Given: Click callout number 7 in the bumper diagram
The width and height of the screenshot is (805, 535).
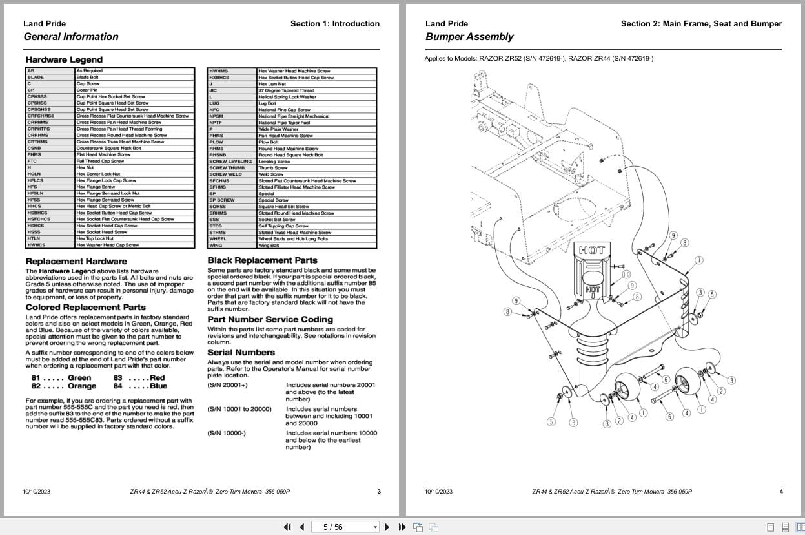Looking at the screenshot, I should coord(699,260).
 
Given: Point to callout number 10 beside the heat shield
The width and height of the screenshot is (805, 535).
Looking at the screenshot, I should coord(626,275).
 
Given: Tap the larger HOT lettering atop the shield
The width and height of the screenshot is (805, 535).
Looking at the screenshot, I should coord(592,250).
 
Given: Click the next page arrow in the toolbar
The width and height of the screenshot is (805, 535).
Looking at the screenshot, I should coord(387,527).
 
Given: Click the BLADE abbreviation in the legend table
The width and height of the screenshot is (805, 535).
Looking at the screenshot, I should coord(36,77).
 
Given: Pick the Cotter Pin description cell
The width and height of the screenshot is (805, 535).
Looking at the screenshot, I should coord(87,90).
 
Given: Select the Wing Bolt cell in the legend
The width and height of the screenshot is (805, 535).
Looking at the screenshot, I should coord(269,246).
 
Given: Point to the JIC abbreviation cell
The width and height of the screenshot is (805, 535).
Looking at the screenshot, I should coord(213,90).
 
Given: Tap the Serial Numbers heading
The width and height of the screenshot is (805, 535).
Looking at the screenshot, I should coord(241,352).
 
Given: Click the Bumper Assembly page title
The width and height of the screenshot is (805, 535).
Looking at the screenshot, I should coord(469,37).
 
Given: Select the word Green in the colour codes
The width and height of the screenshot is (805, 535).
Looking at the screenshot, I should coord(79,377).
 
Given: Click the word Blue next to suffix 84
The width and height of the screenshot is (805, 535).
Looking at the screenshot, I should coord(158,386).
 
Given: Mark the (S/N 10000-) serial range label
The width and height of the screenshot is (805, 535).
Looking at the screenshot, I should coord(227,433).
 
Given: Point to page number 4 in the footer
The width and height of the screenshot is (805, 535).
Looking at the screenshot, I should coord(780,492).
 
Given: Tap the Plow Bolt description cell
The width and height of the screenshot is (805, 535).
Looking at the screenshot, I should coord(269,142).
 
